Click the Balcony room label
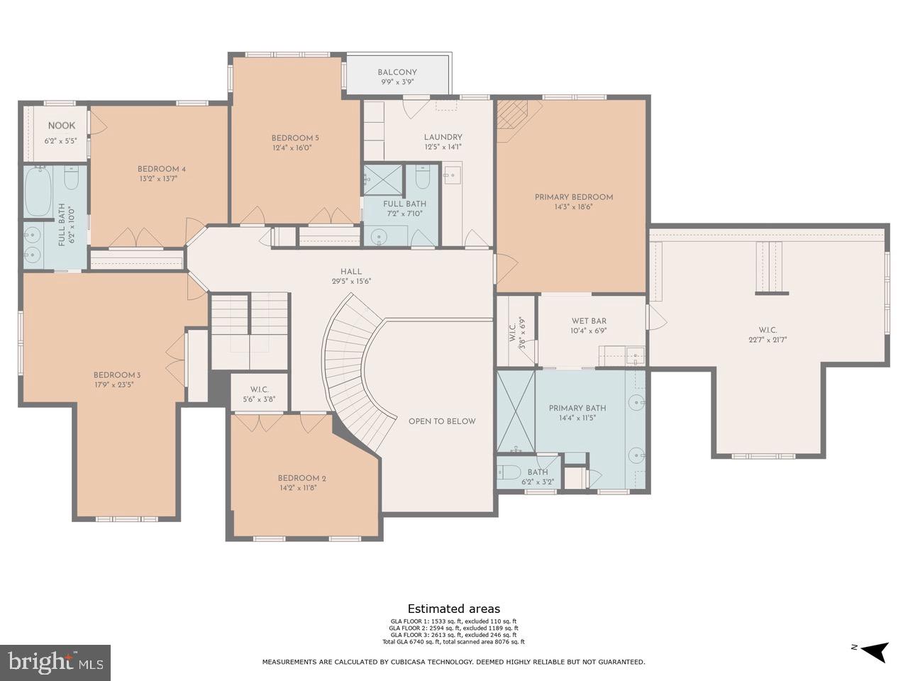coord(397,72)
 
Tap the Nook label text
coord(61,126)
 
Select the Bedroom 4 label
coord(161,169)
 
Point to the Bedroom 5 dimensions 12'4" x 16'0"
coord(292,148)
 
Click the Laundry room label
coord(443,137)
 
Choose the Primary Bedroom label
coord(573,197)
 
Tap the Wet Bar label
coord(589,321)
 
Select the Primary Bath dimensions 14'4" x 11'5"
coord(577,419)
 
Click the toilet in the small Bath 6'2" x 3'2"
coord(509,472)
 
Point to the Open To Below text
coord(441,421)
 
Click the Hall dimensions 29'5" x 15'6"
coord(351,281)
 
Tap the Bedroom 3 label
coord(117,375)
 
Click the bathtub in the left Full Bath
coord(38,191)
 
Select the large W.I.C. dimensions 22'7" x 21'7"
coord(768,340)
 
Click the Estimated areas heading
coord(453,609)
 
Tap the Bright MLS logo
coord(55,663)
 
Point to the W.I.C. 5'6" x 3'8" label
coord(258,389)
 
